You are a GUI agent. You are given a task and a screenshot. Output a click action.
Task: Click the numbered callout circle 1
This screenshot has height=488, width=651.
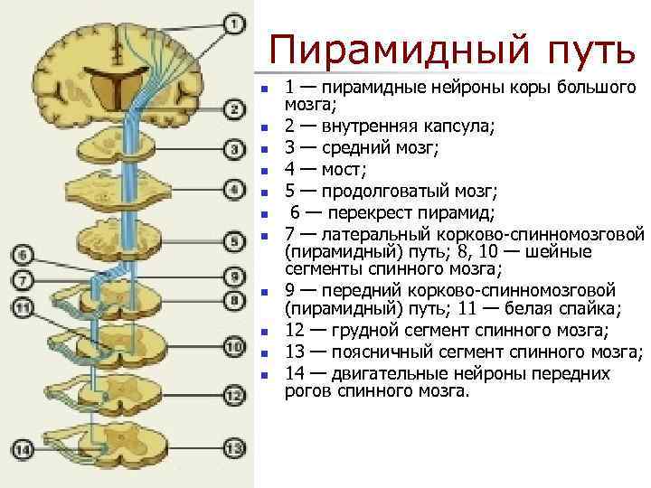coord(232,23)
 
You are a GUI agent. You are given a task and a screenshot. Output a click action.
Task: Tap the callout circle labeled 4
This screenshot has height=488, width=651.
coord(233,191)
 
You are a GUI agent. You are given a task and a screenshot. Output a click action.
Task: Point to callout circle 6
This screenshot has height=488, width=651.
coord(24,254)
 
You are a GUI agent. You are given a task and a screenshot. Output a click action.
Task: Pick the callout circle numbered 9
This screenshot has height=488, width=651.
coord(233,277)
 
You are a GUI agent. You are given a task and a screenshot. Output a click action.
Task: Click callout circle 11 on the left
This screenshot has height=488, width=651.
coord(24,308)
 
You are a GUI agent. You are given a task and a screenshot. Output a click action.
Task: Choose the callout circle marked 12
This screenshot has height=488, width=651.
coord(233,395)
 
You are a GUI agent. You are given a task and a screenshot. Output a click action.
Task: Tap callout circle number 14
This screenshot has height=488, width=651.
coord(24,449)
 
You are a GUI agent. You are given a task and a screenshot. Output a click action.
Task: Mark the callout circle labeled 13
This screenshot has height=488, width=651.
coord(233,448)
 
